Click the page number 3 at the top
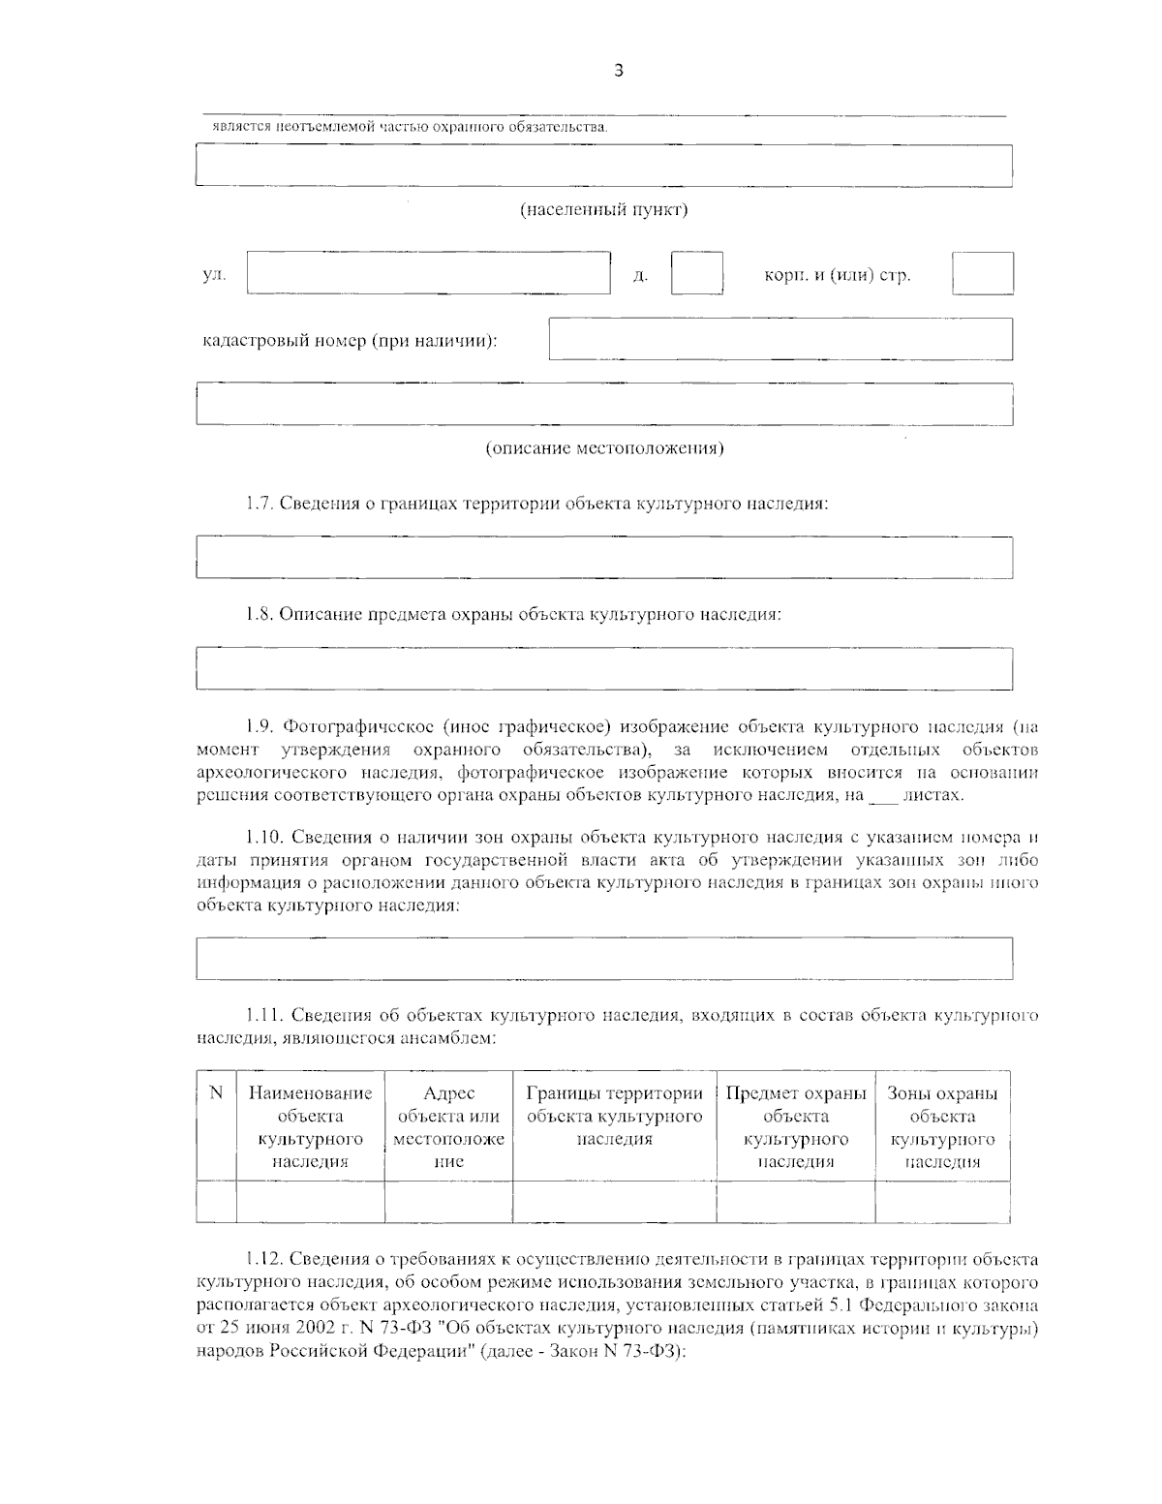[x=619, y=70]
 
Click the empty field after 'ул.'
[x=428, y=273]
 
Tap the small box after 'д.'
[x=697, y=273]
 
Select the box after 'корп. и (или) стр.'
[x=982, y=273]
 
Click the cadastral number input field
[x=780, y=339]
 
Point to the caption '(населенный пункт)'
[x=604, y=210]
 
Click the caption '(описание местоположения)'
[x=604, y=448]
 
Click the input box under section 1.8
[x=604, y=669]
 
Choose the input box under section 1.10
[x=604, y=958]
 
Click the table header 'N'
[x=216, y=1093]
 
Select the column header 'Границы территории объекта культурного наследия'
[x=614, y=1117]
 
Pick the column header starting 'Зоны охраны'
[x=942, y=1127]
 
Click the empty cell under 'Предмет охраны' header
[x=795, y=1202]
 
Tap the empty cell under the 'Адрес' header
[x=448, y=1202]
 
